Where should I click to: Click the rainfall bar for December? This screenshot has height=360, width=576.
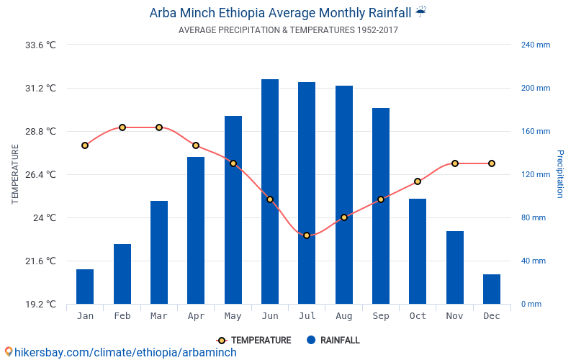pos(492,289)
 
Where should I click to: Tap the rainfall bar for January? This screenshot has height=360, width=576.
pos(85,287)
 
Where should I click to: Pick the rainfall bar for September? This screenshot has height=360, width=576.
pos(381,206)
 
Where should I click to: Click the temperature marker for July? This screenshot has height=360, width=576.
pos(307,235)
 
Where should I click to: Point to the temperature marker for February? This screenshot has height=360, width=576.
pos(122,127)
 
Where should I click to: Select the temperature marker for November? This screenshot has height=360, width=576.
pos(455,163)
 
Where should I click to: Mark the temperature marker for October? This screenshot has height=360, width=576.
pos(418,181)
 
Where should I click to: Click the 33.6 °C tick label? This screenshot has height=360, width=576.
pos(40,45)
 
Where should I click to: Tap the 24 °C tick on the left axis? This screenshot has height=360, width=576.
pos(44,217)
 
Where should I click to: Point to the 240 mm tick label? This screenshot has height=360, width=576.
pos(535,45)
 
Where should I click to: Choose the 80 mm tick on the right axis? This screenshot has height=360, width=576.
pos(534,217)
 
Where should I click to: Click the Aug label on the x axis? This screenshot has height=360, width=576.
pos(344,316)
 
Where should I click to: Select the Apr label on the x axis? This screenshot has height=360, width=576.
pos(196,316)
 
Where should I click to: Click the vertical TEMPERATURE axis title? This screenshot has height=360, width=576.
pos(15,174)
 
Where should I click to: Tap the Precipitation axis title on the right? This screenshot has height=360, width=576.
pos(560,174)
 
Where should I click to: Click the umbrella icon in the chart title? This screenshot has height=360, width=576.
pos(421,12)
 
